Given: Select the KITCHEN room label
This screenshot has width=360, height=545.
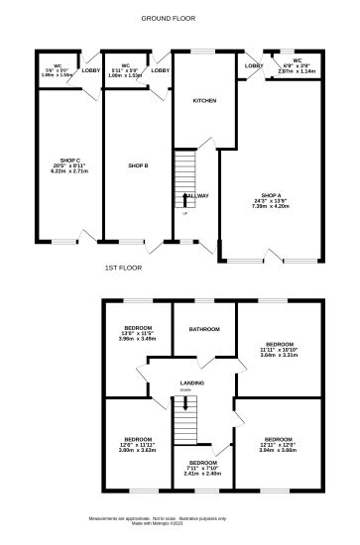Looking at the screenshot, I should tap(204, 101).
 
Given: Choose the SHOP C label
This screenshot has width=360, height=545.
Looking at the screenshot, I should tap(68, 159).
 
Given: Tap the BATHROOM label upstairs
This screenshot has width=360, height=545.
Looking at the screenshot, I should tap(204, 329).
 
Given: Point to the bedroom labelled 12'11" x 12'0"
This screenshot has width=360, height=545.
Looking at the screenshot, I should tap(279, 439).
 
